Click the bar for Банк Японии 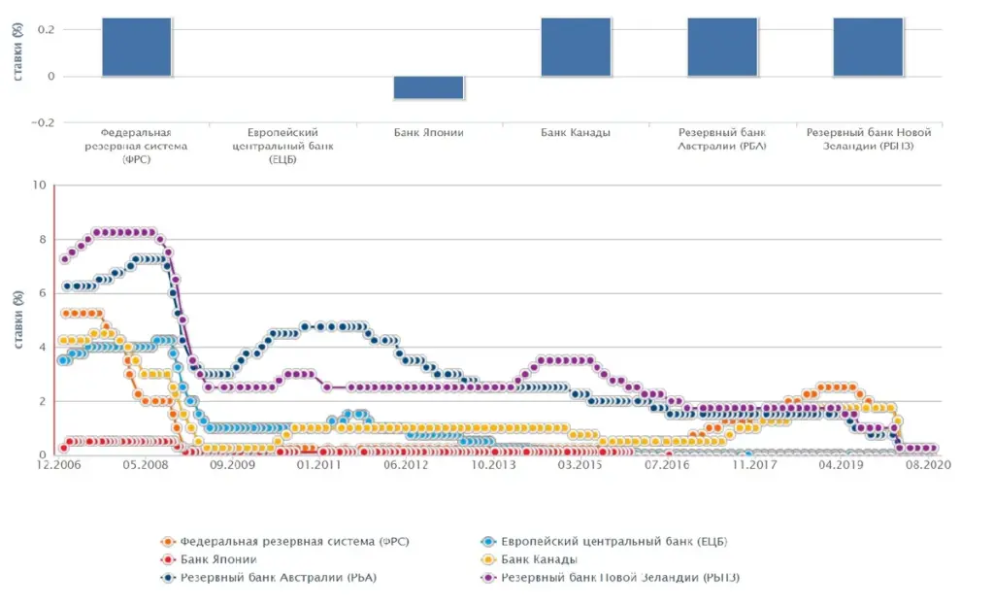[x=428, y=87]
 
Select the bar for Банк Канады [x=576, y=47]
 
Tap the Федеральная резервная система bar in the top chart [x=137, y=47]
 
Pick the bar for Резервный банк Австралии [x=722, y=47]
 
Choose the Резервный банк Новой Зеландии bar [x=869, y=47]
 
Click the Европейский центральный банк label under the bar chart [x=282, y=146]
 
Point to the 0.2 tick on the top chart [x=44, y=30]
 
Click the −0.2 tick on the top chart [x=40, y=122]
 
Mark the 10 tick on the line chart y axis [x=40, y=185]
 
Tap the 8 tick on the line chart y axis [x=43, y=239]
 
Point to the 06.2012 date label [x=407, y=466]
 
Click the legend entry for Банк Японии [x=219, y=560]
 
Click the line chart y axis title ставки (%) [x=18, y=320]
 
